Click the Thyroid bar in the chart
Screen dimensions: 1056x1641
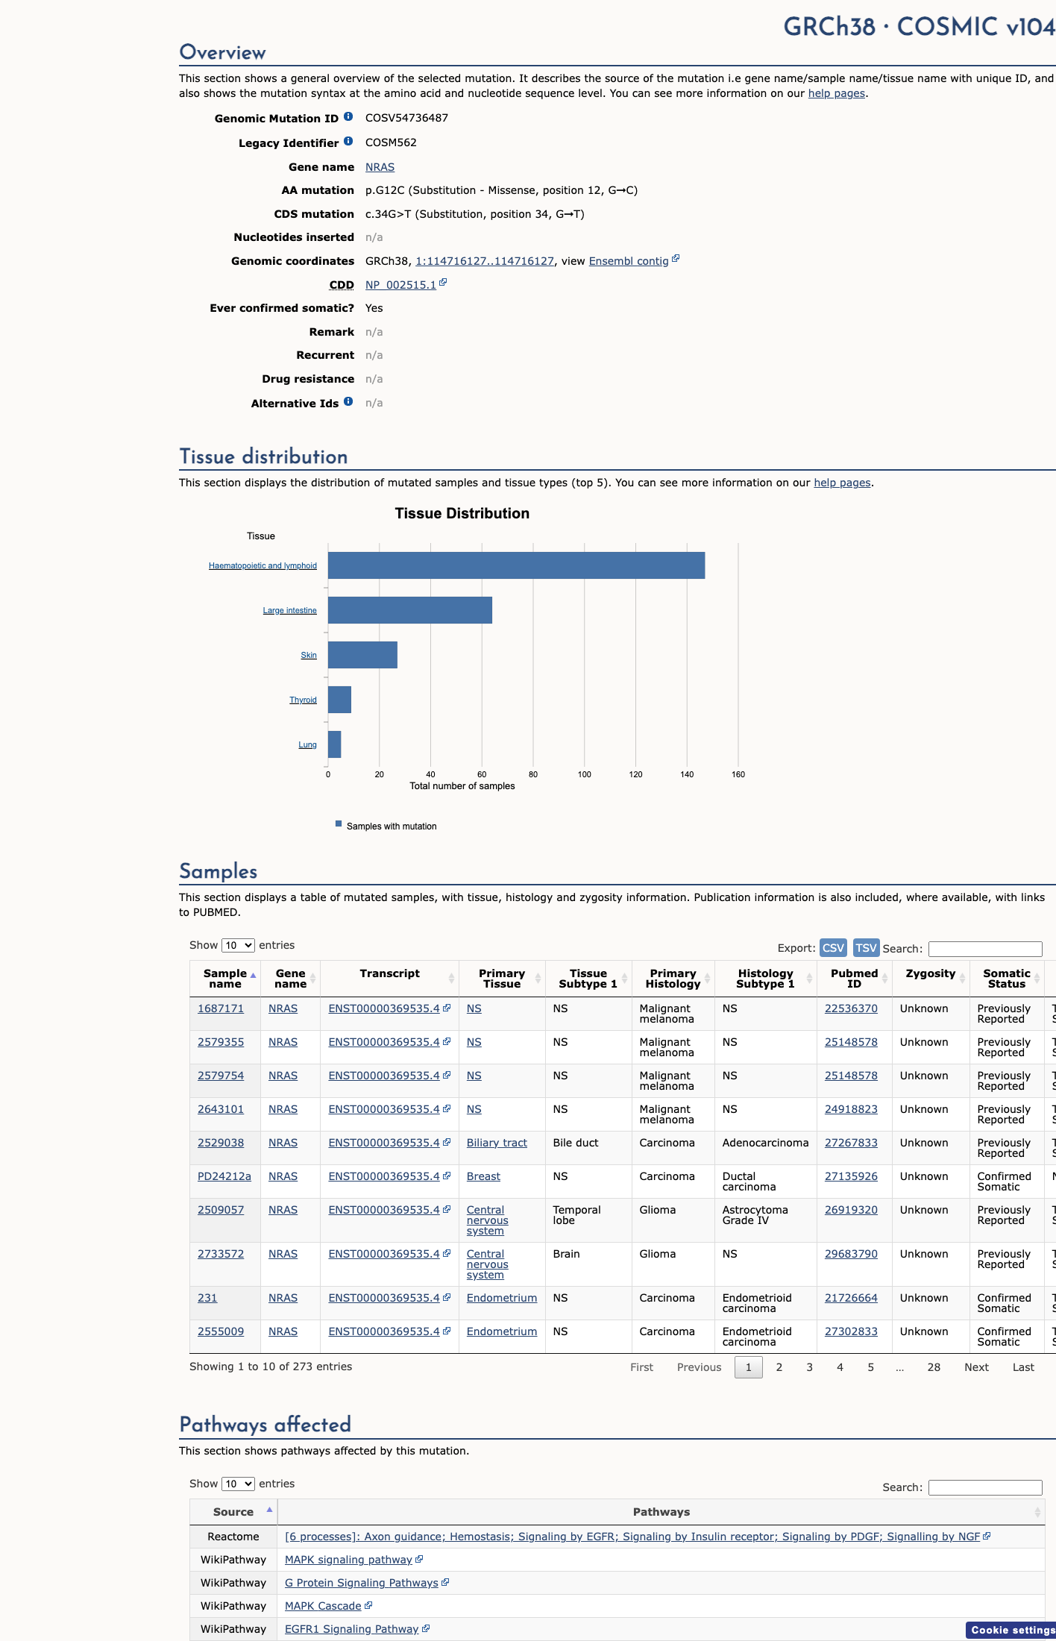(339, 700)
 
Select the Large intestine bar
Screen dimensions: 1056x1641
(410, 610)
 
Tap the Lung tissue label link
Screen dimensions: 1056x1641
(307, 744)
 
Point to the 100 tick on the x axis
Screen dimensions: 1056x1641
(585, 774)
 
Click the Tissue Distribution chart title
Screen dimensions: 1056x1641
(462, 513)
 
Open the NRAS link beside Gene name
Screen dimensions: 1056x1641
(380, 167)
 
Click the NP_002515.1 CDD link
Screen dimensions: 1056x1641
(400, 285)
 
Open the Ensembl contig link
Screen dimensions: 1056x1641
(629, 261)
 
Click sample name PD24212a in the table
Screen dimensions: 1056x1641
(224, 1176)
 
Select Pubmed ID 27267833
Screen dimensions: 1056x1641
(851, 1143)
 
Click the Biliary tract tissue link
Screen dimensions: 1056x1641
(497, 1143)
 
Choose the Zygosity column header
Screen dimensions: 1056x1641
(930, 973)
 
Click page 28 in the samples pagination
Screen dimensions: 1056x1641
(934, 1367)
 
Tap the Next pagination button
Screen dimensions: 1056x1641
(976, 1367)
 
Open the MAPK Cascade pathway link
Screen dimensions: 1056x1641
(323, 1606)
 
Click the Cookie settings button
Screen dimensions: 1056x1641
(1012, 1630)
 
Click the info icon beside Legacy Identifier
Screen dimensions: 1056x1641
(348, 142)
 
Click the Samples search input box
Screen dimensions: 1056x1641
(985, 949)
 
